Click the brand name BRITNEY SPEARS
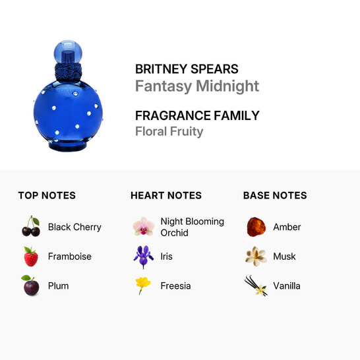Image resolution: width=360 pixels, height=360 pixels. click(187, 69)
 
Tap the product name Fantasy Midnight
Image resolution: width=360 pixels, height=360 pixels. click(196, 86)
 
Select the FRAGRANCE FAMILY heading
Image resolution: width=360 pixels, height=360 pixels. click(197, 115)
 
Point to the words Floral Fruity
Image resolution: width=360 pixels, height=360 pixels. click(169, 131)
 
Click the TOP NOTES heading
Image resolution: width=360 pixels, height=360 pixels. click(47, 195)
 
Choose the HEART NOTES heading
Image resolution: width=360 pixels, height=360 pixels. click(166, 195)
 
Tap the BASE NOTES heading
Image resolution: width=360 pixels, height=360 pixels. click(275, 195)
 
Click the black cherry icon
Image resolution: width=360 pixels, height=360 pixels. click(31, 227)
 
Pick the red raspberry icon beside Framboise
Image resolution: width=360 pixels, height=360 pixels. click(31, 256)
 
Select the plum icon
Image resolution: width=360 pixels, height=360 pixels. click(30, 285)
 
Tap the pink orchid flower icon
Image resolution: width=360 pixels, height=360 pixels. click(143, 227)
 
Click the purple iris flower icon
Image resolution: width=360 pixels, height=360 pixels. click(143, 256)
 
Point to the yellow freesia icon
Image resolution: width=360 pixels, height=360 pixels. click(143, 285)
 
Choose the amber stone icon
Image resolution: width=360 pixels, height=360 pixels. click(256, 227)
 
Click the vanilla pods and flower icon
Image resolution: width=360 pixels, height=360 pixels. click(256, 285)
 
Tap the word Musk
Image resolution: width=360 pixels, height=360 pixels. click(285, 256)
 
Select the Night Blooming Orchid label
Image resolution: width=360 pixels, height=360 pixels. click(192, 227)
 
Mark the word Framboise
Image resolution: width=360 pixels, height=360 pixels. click(70, 256)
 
